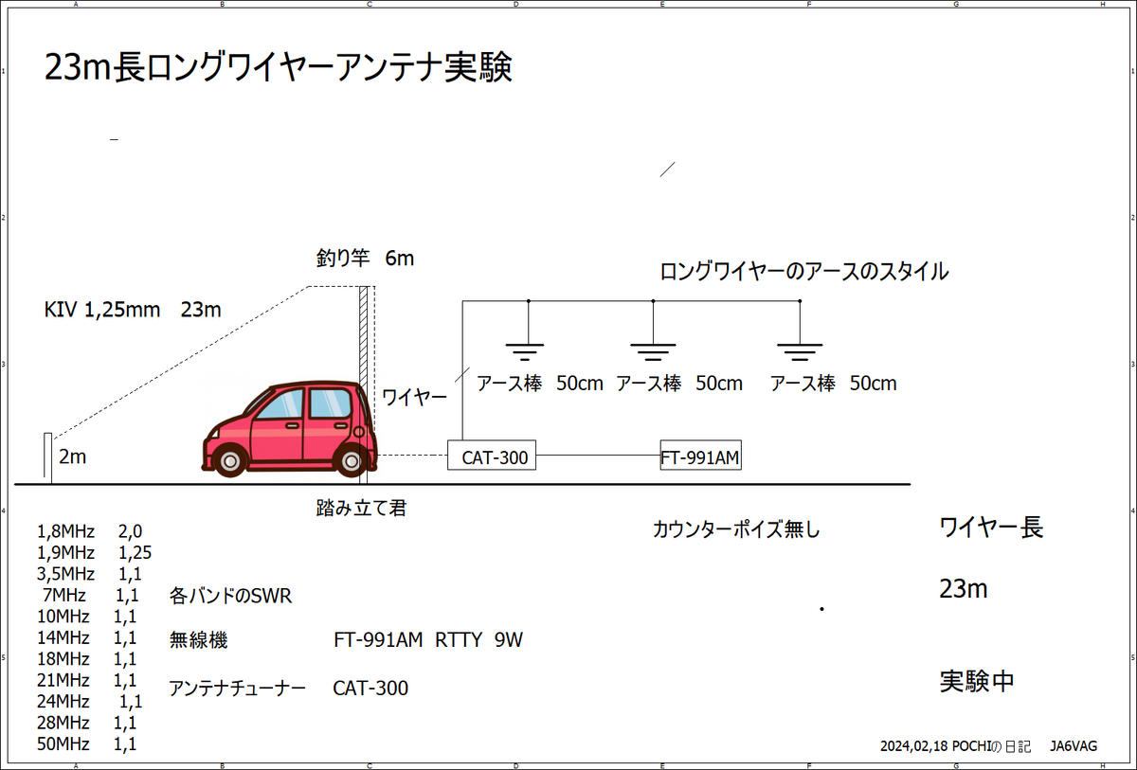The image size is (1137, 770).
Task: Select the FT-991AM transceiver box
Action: (x=700, y=457)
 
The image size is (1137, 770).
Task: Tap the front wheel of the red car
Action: (x=228, y=460)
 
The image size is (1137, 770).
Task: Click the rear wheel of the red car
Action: (x=352, y=460)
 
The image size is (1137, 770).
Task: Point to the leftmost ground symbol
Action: (x=527, y=351)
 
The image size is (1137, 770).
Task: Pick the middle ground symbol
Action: (x=653, y=351)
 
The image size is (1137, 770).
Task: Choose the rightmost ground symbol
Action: (x=800, y=351)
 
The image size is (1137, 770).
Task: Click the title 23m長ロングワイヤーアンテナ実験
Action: (x=279, y=68)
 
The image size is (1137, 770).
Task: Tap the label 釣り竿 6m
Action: (x=366, y=258)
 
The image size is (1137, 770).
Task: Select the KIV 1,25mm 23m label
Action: (x=133, y=310)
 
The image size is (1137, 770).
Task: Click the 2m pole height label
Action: (x=73, y=457)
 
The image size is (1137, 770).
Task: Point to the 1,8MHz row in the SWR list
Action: (x=89, y=530)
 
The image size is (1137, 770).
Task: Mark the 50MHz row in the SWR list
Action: (x=86, y=744)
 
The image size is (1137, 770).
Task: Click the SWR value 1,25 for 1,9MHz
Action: (x=135, y=552)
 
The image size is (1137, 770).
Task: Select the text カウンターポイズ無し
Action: (x=736, y=530)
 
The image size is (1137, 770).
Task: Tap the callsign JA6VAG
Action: (x=1074, y=746)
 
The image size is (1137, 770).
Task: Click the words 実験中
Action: (x=977, y=681)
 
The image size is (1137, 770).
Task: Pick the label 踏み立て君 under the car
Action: (x=361, y=509)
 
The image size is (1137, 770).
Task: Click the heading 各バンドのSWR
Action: (x=230, y=597)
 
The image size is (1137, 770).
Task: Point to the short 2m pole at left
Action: (x=46, y=458)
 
